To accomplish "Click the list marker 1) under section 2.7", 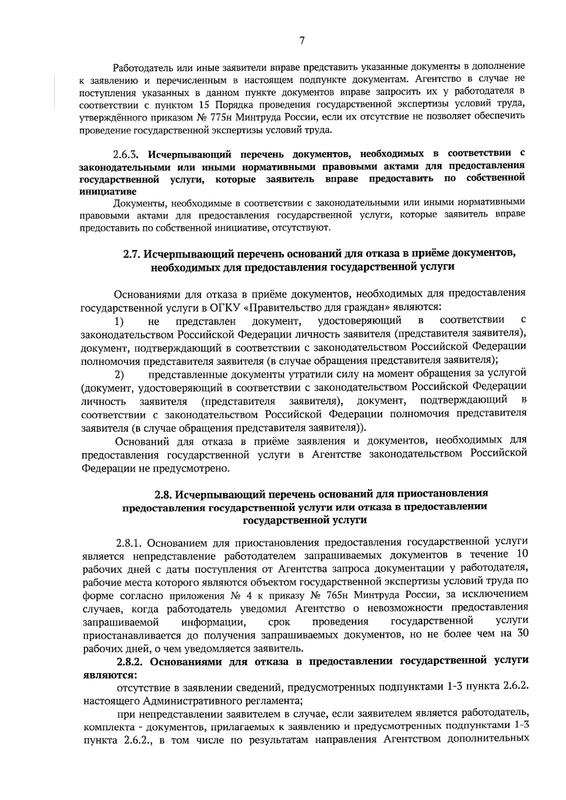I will (119, 321).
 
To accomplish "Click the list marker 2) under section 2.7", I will (119, 375).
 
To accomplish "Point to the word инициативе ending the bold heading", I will (108, 192).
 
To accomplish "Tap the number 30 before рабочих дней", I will (522, 633).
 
